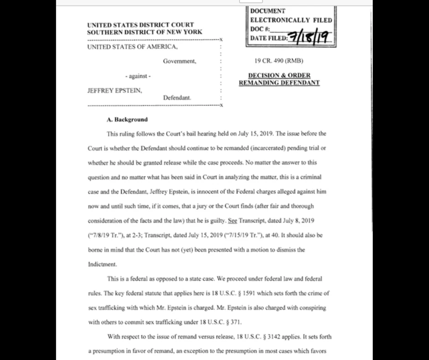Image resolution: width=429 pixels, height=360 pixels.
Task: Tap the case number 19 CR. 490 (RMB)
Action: point(278,61)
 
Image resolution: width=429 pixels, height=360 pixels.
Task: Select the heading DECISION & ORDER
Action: point(279,75)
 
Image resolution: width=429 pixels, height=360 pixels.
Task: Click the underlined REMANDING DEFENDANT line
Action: point(279,83)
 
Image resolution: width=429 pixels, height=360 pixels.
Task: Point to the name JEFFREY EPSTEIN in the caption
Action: point(115,90)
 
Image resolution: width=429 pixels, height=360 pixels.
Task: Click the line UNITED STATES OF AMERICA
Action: point(132,47)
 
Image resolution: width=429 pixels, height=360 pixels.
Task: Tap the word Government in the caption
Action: point(179,61)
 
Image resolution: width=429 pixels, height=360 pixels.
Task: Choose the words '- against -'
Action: point(138,76)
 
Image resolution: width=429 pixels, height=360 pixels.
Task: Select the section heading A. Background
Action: point(127,120)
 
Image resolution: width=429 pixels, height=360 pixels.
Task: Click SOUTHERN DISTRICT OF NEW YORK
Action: point(144,32)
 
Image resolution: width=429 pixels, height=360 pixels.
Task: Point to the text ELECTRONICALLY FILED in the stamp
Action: point(291,20)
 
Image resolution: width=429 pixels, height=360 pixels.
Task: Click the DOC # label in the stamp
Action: point(261,29)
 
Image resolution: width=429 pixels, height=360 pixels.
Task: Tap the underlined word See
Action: point(232,221)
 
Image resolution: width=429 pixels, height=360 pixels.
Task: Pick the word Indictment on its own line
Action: point(102,264)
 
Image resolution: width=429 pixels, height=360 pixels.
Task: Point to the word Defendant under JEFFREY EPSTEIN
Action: point(177,98)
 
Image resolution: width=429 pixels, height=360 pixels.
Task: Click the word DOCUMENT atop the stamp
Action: point(268,11)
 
